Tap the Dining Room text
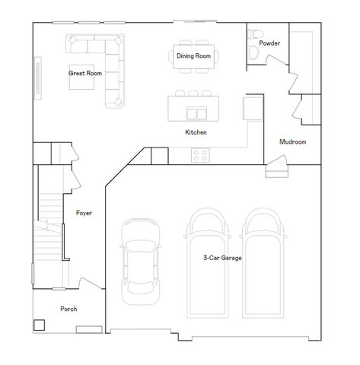tap(193, 56)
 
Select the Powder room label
tap(269, 43)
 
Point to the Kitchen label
tap(196, 132)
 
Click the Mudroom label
tap(292, 142)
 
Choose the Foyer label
tap(84, 213)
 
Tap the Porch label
tap(68, 309)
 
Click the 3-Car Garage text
tap(222, 259)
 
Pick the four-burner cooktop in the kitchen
tap(201, 155)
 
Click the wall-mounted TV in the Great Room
tap(38, 78)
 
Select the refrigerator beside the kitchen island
tap(252, 108)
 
